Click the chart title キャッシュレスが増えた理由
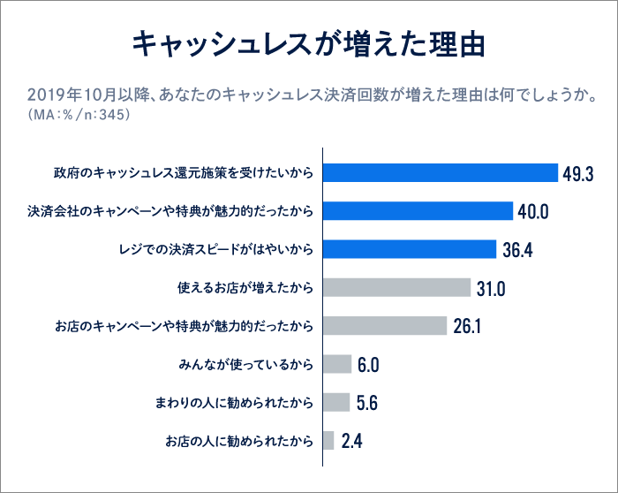308,45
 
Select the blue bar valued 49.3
441,173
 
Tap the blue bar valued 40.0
418,211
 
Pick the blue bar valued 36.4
411,249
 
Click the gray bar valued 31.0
397,287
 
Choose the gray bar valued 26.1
386,325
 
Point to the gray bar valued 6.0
337,364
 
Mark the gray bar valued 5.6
336,402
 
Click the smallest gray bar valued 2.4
328,440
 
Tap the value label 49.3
578,174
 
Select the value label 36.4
517,250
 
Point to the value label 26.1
466,326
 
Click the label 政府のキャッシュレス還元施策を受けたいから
183,173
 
